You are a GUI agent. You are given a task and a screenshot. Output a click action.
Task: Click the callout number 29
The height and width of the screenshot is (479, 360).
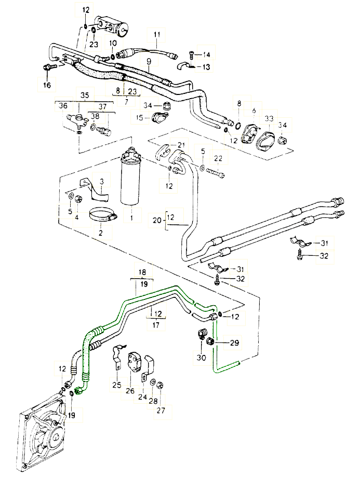pyautogui.click(x=234, y=342)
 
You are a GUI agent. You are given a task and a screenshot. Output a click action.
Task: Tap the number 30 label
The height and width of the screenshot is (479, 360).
pyautogui.click(x=201, y=357)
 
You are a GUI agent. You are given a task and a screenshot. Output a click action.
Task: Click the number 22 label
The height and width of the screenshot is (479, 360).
pyautogui.click(x=219, y=158)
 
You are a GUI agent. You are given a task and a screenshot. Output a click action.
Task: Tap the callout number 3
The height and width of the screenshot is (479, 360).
pyautogui.click(x=102, y=181)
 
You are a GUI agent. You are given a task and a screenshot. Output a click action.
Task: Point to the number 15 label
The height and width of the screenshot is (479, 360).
pyautogui.click(x=140, y=118)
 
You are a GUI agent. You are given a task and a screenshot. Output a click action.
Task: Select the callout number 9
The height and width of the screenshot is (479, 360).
pyautogui.click(x=149, y=61)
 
